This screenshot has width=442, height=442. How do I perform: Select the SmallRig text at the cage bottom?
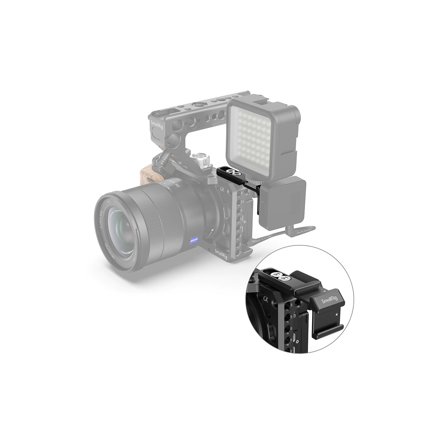pyautogui.click(x=221, y=253)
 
